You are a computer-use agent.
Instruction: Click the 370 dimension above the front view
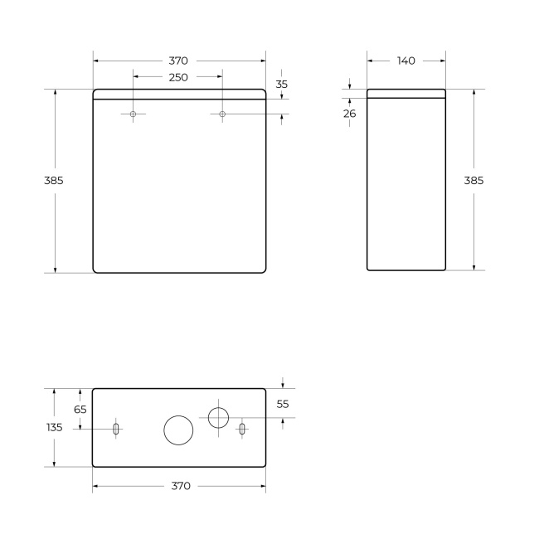[178, 61]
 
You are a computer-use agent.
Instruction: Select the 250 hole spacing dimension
[178, 77]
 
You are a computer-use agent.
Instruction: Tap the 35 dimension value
[282, 85]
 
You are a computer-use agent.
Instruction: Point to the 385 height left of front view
[54, 180]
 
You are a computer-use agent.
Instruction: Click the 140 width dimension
[406, 61]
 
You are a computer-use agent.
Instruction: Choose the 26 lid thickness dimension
[350, 114]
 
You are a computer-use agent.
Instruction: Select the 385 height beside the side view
[473, 180]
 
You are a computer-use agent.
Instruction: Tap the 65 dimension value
[80, 409]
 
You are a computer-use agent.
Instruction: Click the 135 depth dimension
[54, 427]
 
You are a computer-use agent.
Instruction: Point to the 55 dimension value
[283, 404]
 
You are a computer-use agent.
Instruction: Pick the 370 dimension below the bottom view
[180, 486]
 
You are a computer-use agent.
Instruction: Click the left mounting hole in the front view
[133, 114]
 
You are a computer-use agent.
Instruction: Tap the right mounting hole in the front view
[222, 114]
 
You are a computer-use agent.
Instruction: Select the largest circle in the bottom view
[178, 430]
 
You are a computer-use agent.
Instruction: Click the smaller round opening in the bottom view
[218, 417]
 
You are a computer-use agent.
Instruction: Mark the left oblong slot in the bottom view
[116, 429]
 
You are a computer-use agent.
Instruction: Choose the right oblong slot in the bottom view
[242, 429]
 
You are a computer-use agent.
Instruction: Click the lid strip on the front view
[179, 93]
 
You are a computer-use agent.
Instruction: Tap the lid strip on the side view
[406, 93]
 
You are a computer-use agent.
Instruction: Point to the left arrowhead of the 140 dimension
[370, 61]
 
